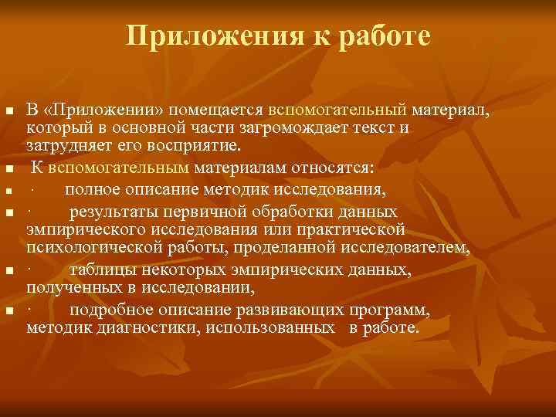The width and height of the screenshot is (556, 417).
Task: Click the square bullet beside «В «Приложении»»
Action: click(x=9, y=113)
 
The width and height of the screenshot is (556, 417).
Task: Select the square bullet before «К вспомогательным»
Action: click(x=9, y=168)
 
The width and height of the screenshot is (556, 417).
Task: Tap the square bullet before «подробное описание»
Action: click(x=9, y=310)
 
